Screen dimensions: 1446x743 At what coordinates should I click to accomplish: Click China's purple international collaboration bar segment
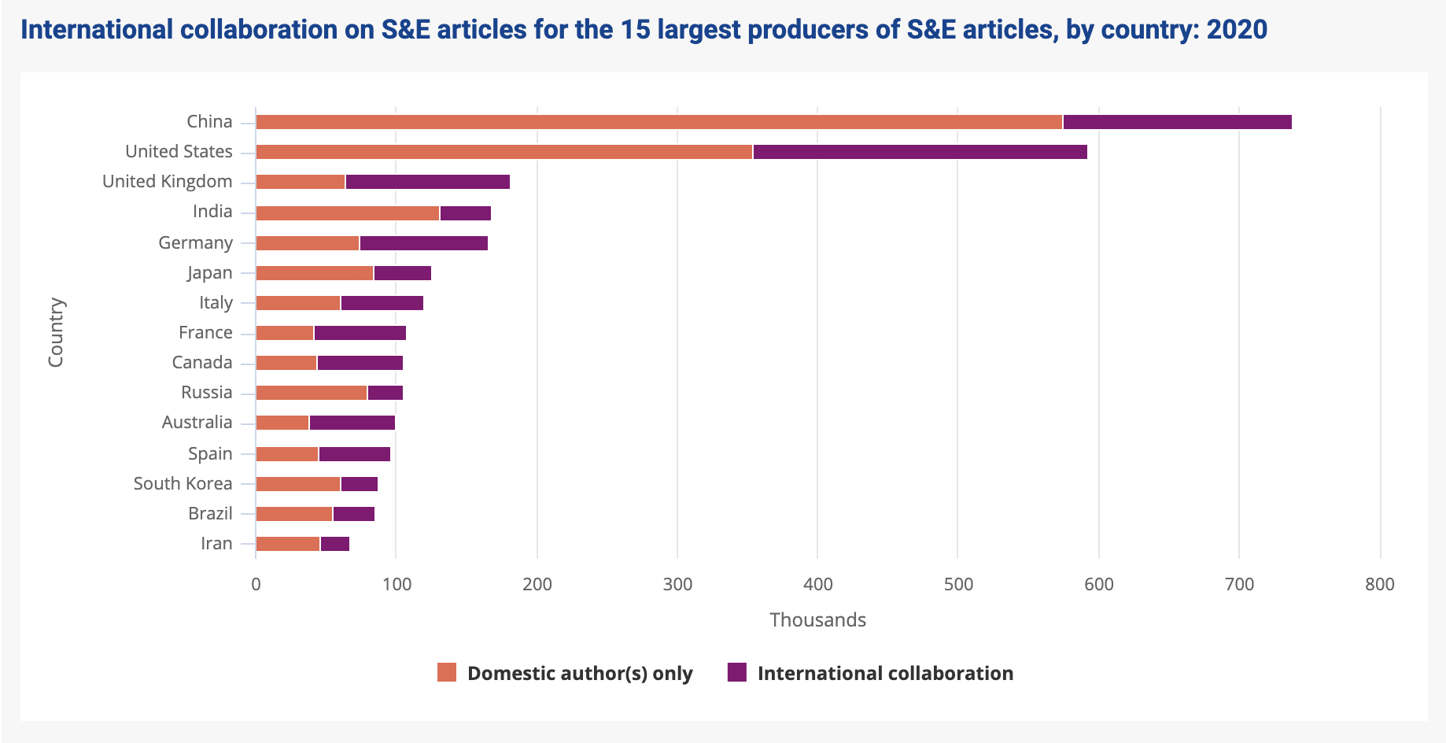click(1177, 122)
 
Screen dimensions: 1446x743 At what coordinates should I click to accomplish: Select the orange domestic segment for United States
click(504, 152)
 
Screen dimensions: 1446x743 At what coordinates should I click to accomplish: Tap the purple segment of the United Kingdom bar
click(428, 182)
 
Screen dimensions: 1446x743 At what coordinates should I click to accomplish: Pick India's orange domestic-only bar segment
click(348, 213)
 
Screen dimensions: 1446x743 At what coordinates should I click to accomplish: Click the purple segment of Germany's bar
click(424, 243)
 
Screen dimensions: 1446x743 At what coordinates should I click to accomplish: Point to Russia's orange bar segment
click(312, 393)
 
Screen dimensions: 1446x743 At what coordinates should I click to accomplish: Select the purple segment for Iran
click(335, 543)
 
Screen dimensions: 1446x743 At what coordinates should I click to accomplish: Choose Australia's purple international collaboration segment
click(352, 423)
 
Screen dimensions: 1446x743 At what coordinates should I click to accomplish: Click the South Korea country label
click(183, 483)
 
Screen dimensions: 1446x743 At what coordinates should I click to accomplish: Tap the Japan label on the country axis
click(210, 273)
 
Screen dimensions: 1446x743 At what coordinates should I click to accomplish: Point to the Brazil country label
click(210, 513)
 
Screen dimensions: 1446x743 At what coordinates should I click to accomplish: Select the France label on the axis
click(205, 333)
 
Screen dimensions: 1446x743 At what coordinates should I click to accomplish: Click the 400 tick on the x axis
click(818, 584)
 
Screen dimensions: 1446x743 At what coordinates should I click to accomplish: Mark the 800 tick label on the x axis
click(1380, 584)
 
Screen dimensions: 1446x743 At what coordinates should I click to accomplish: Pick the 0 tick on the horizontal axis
click(256, 584)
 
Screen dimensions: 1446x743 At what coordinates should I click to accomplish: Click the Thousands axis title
click(818, 620)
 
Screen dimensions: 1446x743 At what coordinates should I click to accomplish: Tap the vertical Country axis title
click(56, 332)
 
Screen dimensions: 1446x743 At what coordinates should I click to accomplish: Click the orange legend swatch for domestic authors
click(447, 672)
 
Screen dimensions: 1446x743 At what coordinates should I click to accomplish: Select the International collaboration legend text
click(885, 674)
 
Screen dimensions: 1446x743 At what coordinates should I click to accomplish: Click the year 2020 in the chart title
click(1237, 30)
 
